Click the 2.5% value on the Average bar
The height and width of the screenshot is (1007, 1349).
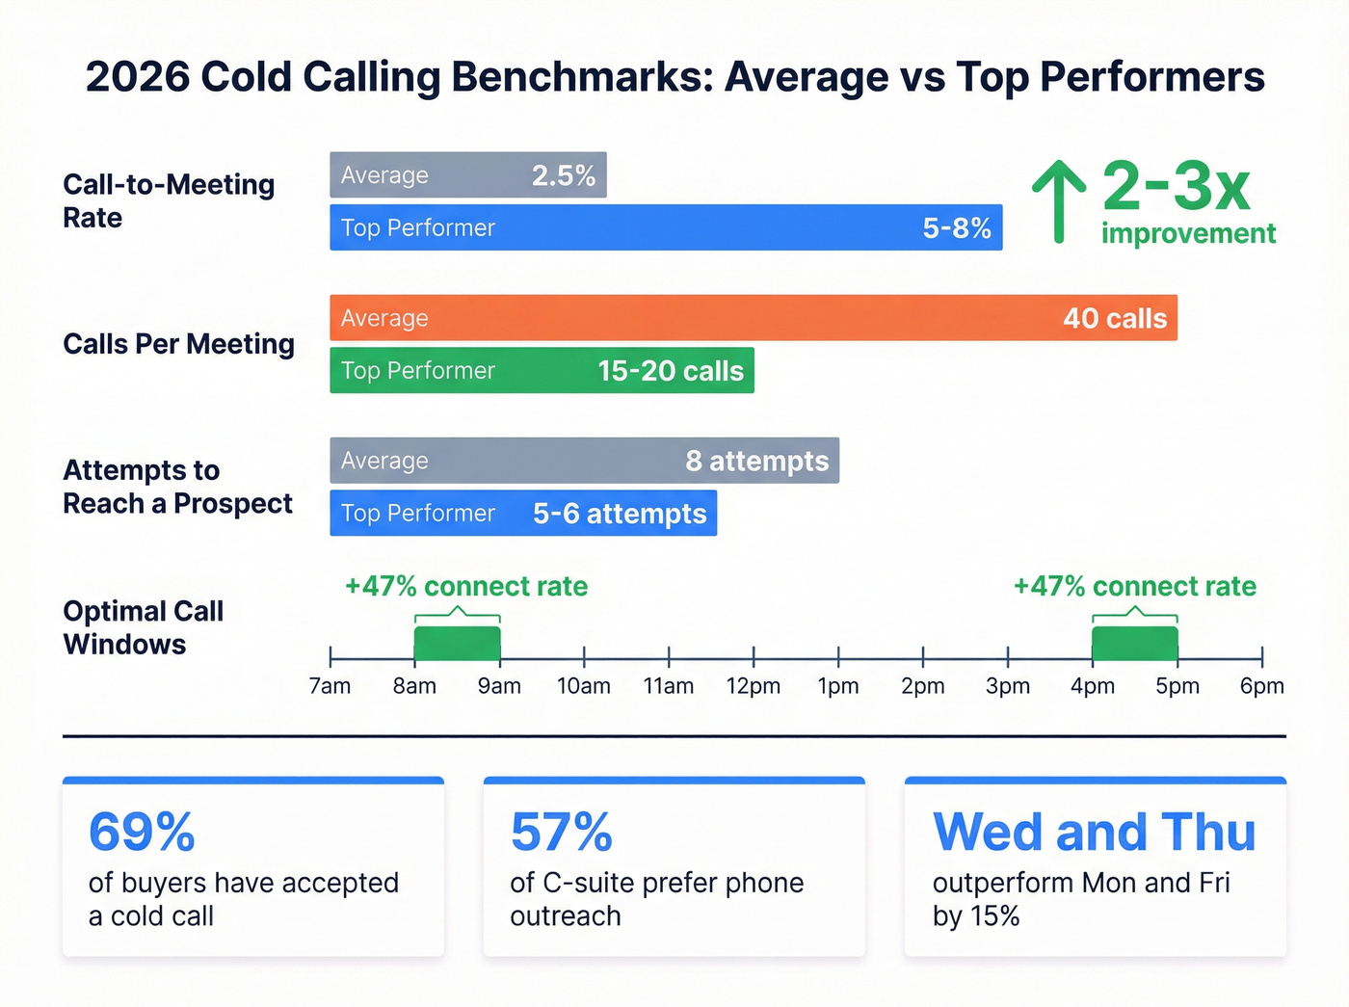pyautogui.click(x=564, y=175)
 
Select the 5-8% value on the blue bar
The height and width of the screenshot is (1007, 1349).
pyautogui.click(x=956, y=228)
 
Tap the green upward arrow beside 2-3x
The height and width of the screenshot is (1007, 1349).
pyautogui.click(x=1059, y=200)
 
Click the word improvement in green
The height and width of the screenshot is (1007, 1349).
pyautogui.click(x=1188, y=233)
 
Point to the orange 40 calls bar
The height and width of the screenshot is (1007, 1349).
pyautogui.click(x=752, y=318)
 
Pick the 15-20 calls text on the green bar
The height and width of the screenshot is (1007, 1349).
pyautogui.click(x=671, y=371)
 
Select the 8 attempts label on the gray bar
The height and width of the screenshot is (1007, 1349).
pyautogui.click(x=756, y=462)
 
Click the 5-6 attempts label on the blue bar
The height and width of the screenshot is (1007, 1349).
pyautogui.click(x=620, y=514)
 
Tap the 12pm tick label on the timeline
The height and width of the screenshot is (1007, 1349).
pyautogui.click(x=754, y=686)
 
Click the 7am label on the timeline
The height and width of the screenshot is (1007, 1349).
pyautogui.click(x=330, y=686)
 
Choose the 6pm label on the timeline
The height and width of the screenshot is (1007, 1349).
pyautogui.click(x=1261, y=686)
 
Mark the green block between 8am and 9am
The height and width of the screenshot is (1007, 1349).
pyautogui.click(x=457, y=643)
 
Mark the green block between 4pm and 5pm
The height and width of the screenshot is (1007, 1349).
pyautogui.click(x=1134, y=643)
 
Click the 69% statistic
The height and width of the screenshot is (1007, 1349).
pyautogui.click(x=142, y=832)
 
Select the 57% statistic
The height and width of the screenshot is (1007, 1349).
pyautogui.click(x=561, y=832)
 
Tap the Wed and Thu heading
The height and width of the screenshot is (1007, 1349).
pyautogui.click(x=1094, y=832)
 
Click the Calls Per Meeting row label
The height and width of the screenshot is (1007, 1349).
pyautogui.click(x=178, y=344)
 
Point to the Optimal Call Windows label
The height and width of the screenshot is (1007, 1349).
pyautogui.click(x=143, y=627)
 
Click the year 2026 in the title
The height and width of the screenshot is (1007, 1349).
pyautogui.click(x=138, y=77)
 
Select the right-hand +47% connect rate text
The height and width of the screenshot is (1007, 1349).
pyautogui.click(x=1134, y=586)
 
